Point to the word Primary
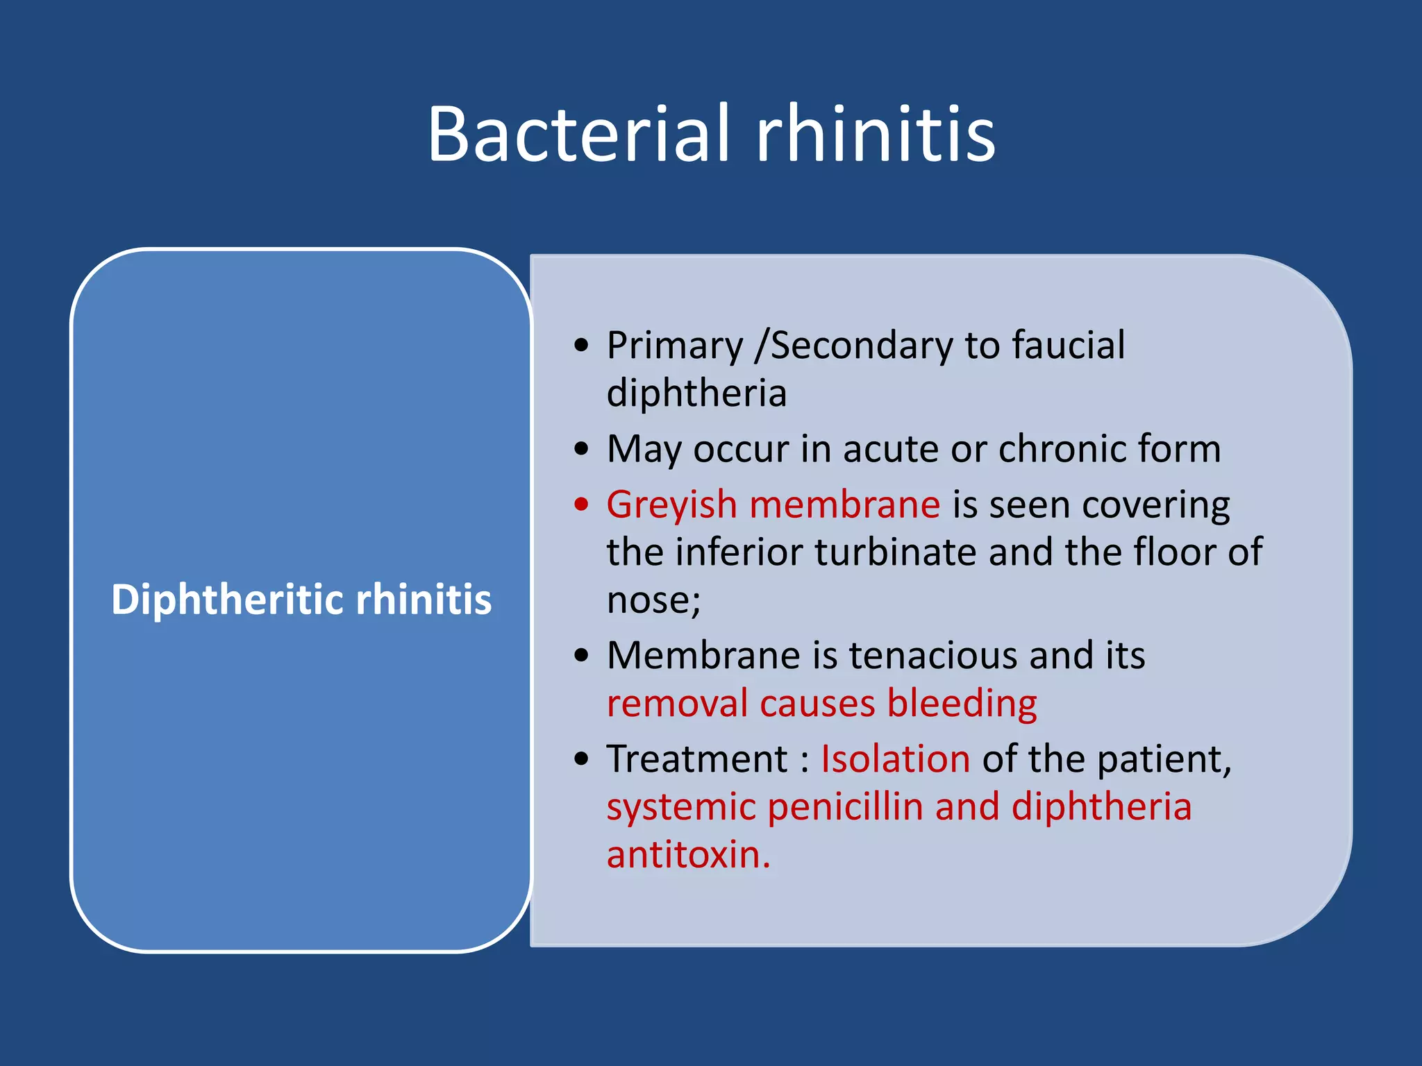(x=674, y=346)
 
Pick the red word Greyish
(x=671, y=505)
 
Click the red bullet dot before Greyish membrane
(x=582, y=504)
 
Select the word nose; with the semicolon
(x=653, y=600)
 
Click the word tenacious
(x=932, y=655)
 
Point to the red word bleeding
(x=962, y=704)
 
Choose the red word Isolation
(x=895, y=759)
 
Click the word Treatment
(x=697, y=759)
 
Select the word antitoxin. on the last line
(x=688, y=855)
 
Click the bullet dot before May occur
(x=582, y=449)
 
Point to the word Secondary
(x=860, y=346)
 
